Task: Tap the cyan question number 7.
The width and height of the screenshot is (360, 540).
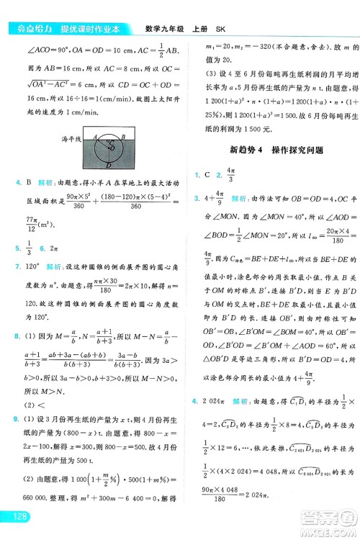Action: (17, 264)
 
